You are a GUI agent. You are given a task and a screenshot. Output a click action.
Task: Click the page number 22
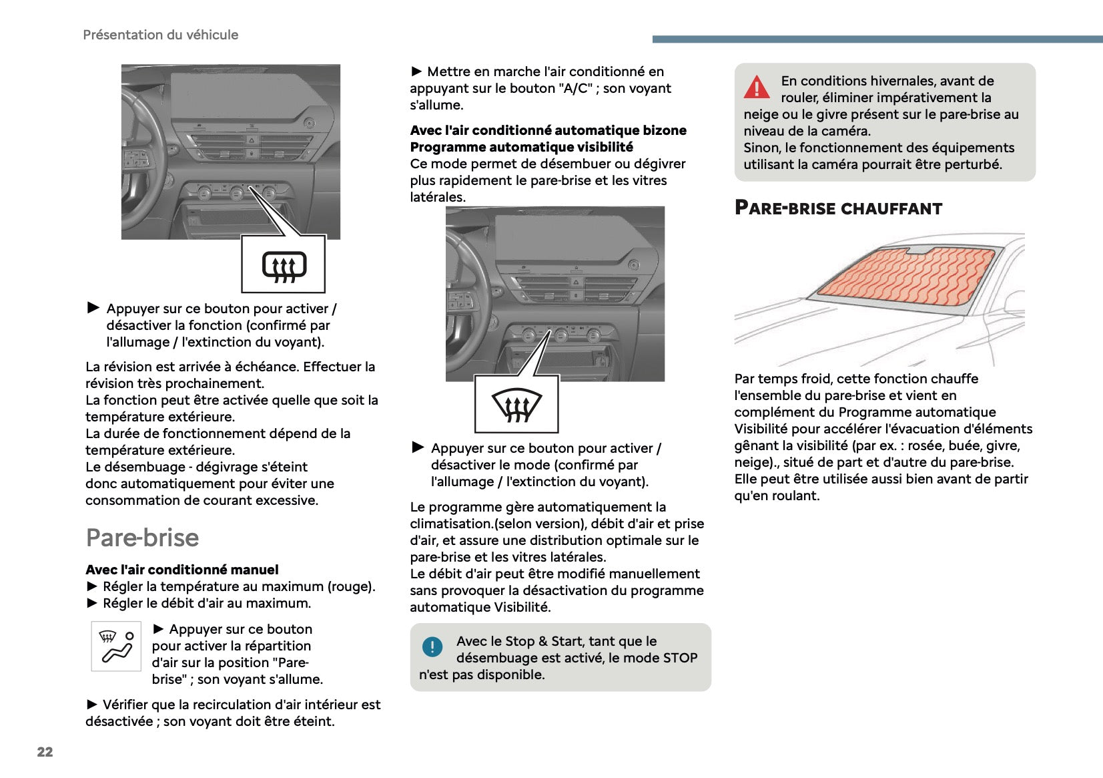[45, 752]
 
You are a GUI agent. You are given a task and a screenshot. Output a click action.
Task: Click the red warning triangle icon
[756, 87]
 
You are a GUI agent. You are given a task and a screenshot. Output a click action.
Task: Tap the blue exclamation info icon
[432, 646]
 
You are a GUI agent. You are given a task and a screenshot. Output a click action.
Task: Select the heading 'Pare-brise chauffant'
[838, 208]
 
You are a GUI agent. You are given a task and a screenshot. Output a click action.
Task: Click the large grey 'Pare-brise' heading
[142, 538]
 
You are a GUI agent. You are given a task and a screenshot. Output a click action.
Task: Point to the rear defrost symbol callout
[284, 264]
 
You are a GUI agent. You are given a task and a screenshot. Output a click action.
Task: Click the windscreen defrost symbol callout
[516, 405]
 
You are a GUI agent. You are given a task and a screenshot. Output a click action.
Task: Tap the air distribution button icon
[116, 646]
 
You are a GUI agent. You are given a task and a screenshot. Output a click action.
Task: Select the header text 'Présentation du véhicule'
[160, 35]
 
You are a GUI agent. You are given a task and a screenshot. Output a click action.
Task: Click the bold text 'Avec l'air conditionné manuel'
[182, 570]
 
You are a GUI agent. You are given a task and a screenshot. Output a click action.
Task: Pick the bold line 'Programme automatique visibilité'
[521, 147]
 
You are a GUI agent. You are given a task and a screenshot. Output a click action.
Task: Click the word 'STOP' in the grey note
[679, 658]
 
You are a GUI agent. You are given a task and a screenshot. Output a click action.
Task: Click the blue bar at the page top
[877, 39]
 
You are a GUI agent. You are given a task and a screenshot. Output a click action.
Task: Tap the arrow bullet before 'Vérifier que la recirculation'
[93, 704]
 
